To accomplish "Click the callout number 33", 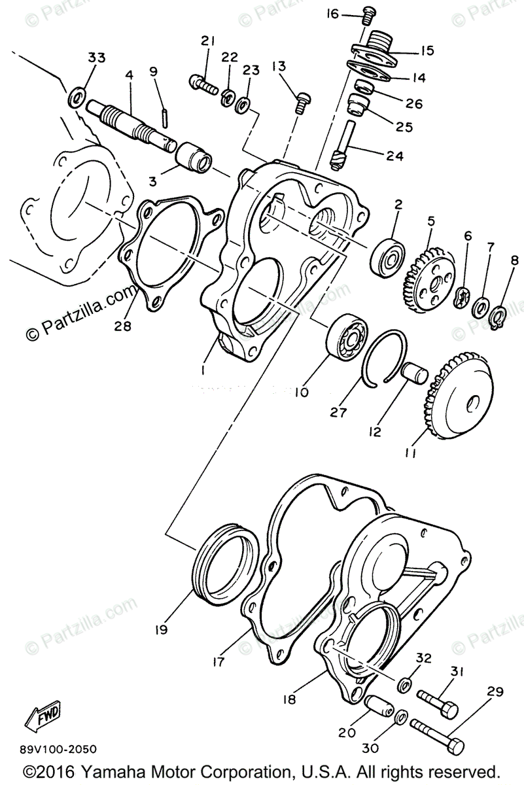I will [96, 58].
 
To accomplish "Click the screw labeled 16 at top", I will [369, 12].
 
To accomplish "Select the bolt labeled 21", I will [202, 83].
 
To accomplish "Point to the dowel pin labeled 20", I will [379, 705].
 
